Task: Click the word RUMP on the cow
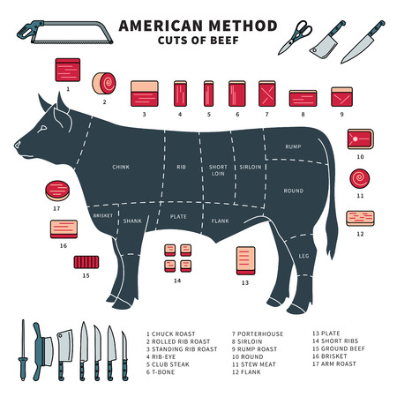tap(294, 146)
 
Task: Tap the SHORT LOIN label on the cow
tap(218, 170)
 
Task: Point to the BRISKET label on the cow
tap(104, 215)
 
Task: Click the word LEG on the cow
tap(303, 256)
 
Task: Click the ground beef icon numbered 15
tap(86, 262)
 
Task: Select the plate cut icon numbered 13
tap(244, 258)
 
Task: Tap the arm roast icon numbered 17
tap(56, 191)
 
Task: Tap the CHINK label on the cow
tap(122, 166)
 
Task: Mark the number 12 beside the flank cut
tap(360, 235)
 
